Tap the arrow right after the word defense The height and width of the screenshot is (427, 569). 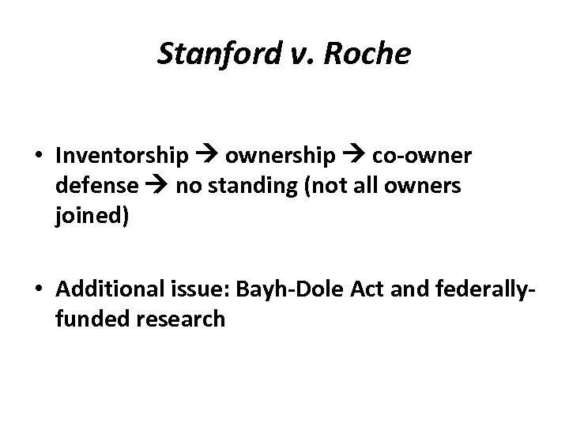pos(156,187)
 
